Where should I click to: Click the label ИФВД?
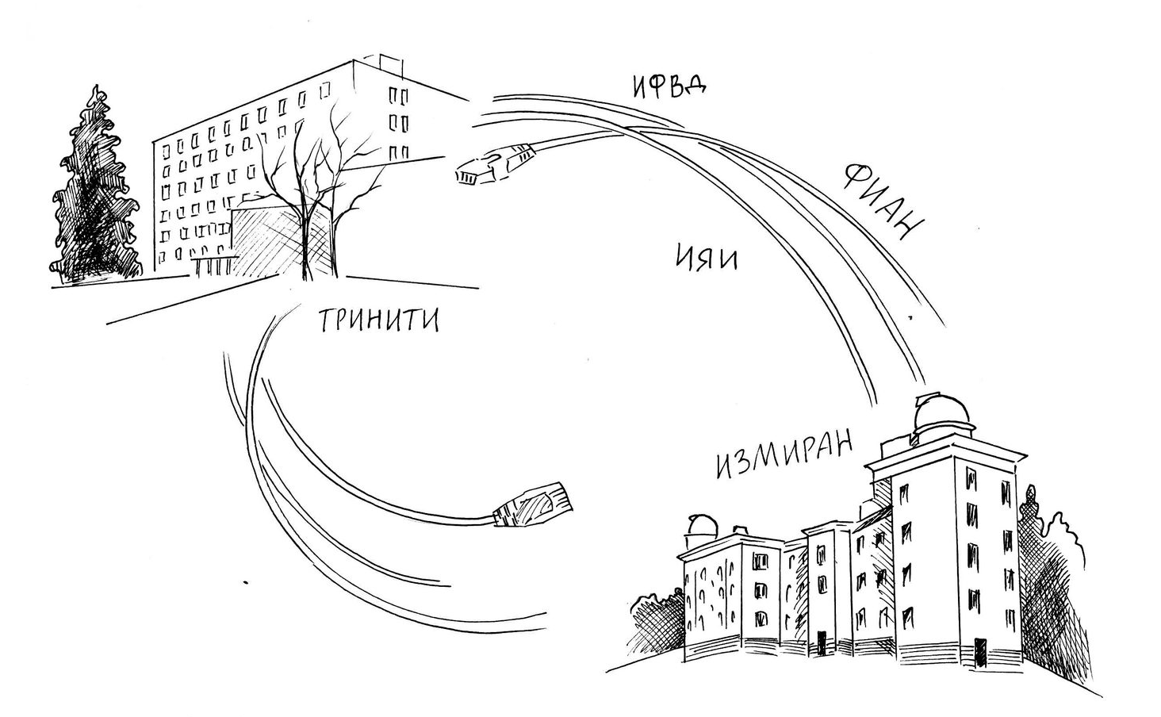(669, 86)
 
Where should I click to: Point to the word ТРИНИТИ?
(379, 320)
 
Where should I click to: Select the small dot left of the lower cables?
(247, 583)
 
